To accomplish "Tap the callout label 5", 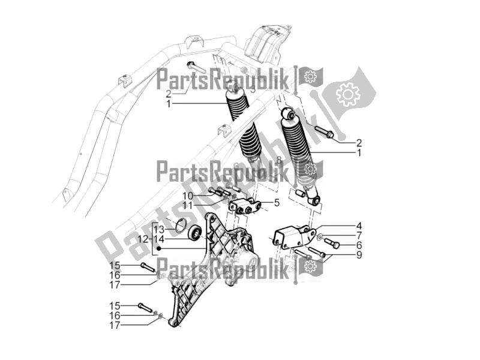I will [277, 203].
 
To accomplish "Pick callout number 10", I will [187, 196].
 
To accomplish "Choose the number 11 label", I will [187, 205].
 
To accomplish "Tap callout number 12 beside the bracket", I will [142, 238].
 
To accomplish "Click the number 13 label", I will [159, 230].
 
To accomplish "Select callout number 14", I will [159, 238].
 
